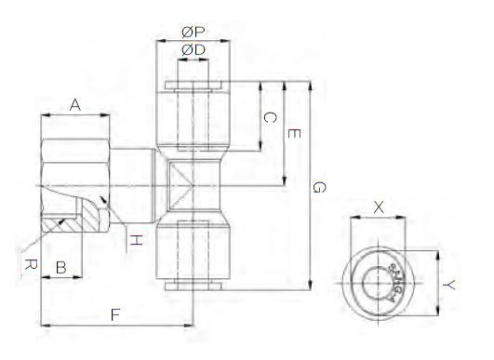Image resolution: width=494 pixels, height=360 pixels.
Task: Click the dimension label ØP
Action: tap(194, 31)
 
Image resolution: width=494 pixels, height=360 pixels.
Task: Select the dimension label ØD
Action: tap(194, 49)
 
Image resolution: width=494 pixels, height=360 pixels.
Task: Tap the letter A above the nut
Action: tap(75, 105)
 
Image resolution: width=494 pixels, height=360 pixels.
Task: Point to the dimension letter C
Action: tap(269, 117)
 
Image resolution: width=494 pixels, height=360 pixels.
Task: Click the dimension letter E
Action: tap(293, 134)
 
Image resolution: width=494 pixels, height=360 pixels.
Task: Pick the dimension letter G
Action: tap(318, 187)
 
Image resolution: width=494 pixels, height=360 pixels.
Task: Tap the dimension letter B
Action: tap(61, 268)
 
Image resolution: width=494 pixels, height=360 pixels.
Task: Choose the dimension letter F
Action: tap(115, 314)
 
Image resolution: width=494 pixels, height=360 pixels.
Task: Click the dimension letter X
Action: tap(378, 207)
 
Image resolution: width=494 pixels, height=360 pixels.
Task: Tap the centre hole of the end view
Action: tap(377, 281)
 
